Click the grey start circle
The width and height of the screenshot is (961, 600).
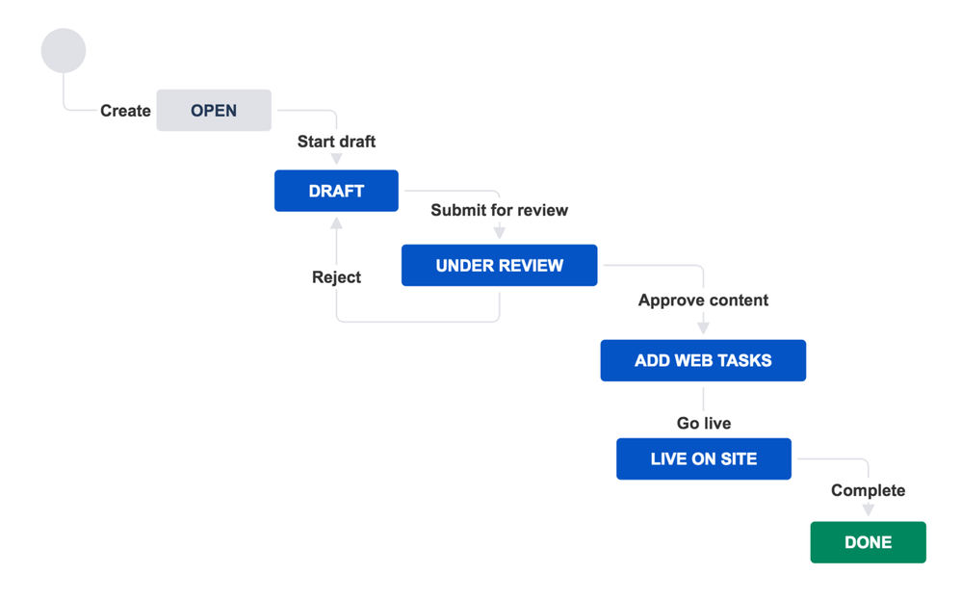[64, 50]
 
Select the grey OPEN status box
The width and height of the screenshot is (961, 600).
[214, 111]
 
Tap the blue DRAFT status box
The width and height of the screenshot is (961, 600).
[336, 191]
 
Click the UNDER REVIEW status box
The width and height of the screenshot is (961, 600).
[499, 265]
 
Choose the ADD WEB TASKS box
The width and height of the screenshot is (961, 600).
[703, 360]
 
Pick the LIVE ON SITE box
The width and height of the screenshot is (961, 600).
[703, 458]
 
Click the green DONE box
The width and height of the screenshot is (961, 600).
[868, 542]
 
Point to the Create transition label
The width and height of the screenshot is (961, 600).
[125, 111]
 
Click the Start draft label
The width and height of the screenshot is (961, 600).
[336, 142]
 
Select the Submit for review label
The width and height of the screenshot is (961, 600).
[499, 210]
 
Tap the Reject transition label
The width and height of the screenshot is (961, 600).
[336, 277]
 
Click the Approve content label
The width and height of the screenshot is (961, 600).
[703, 300]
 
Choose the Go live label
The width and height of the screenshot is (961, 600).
[703, 423]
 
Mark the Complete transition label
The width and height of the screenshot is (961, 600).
[868, 490]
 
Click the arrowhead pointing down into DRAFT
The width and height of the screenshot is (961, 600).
[336, 160]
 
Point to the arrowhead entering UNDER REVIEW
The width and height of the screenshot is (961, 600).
[499, 232]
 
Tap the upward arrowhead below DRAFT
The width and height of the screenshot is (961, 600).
[336, 223]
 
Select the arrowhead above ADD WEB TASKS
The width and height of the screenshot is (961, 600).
[703, 327]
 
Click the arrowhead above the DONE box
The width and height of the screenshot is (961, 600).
[868, 510]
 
